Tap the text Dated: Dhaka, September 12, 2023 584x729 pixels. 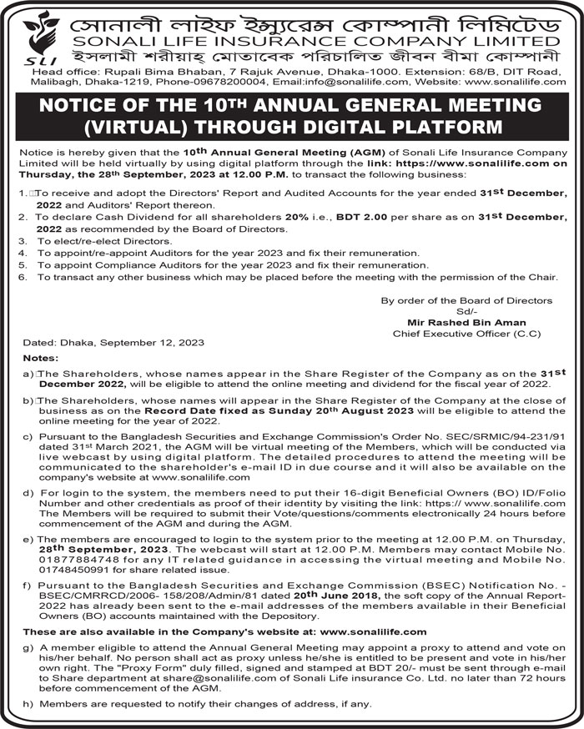click(113, 343)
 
